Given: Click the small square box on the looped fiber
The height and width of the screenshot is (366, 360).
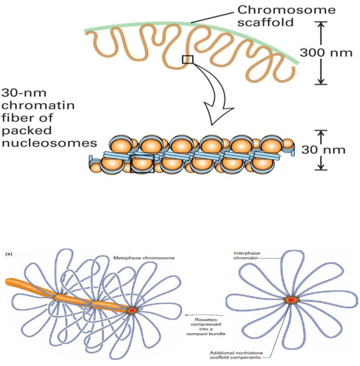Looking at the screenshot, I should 187,60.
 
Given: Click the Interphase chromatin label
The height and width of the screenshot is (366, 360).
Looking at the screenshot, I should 247,256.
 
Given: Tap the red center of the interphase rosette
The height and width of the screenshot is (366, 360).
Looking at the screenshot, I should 290,300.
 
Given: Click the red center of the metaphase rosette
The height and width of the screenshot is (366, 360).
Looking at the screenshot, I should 131,310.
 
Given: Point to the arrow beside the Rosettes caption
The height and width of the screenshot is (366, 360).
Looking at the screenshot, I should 190,315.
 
